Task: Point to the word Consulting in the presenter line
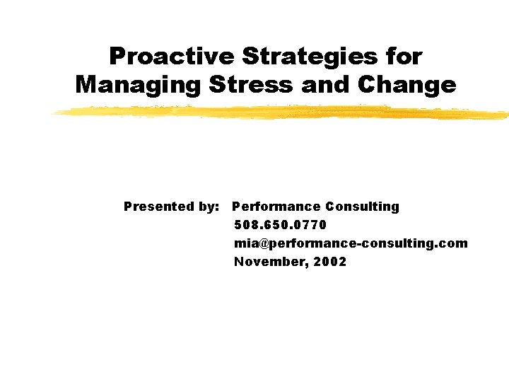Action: click(362, 207)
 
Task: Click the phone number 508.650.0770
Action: click(280, 225)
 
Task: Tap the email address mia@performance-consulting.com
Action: click(351, 243)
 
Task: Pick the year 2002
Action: click(331, 262)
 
